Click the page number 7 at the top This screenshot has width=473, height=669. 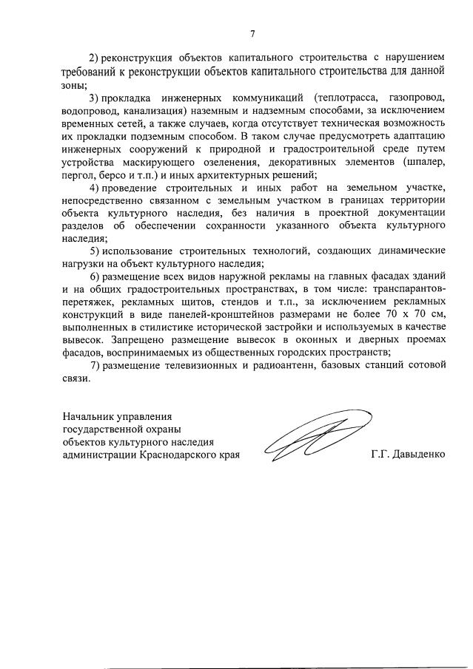pos(252,34)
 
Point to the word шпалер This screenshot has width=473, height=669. pos(424,162)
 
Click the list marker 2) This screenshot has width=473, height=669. pos(95,58)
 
